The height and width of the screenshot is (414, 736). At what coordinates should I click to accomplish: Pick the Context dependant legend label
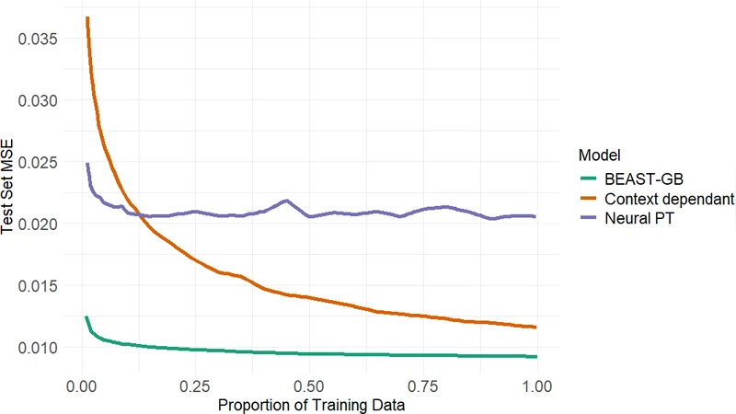[x=669, y=199]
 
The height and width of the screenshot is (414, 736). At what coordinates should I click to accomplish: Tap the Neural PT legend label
[x=636, y=219]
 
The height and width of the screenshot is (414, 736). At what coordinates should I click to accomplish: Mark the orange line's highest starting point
[x=86, y=17]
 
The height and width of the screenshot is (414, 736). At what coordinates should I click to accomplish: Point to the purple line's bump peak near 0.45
[x=286, y=201]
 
